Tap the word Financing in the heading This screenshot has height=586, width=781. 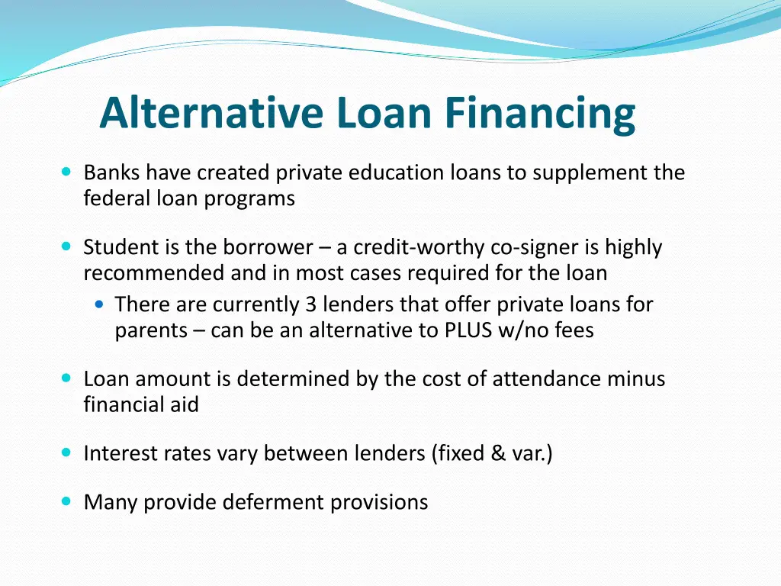coord(540,113)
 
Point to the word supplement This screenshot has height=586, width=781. coord(590,173)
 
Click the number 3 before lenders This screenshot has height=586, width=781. coord(310,305)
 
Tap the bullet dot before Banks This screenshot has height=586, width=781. coord(66,172)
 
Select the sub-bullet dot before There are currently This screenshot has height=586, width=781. coord(100,304)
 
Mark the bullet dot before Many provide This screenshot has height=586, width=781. coord(66,501)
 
